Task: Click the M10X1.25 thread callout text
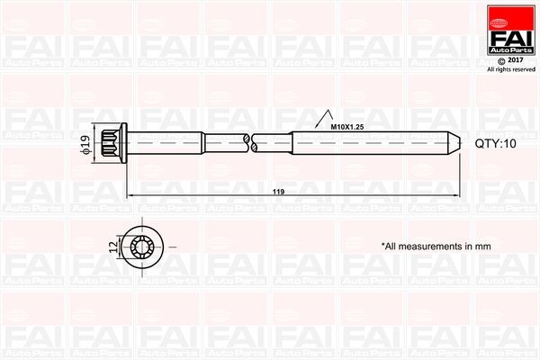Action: coord(346,127)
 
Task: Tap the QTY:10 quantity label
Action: coord(495,143)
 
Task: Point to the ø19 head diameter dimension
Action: coord(85,143)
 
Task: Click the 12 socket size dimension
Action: coord(113,245)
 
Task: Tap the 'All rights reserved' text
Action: coord(510,68)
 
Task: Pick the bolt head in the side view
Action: coord(120,143)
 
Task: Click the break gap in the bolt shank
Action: coord(249,142)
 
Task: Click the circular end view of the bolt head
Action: coord(145,245)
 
